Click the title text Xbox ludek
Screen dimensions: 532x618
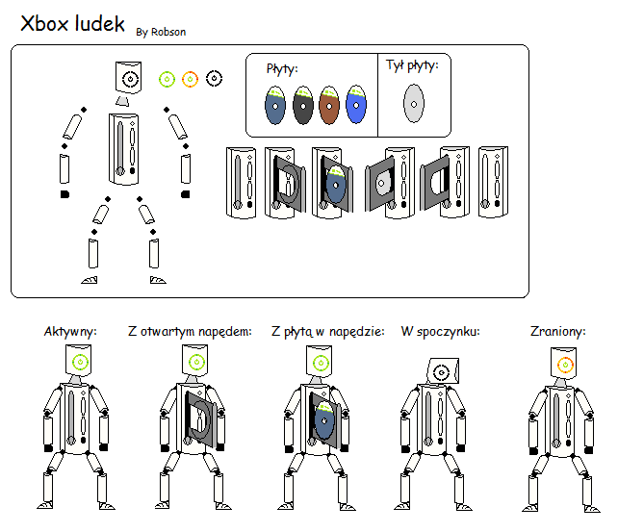click(x=73, y=24)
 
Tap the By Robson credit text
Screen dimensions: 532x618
click(x=161, y=32)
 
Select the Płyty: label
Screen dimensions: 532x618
click(x=282, y=68)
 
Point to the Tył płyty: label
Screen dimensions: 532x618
click(x=412, y=65)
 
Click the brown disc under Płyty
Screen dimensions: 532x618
click(x=330, y=105)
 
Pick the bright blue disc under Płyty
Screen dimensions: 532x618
click(x=357, y=105)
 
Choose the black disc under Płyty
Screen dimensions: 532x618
click(x=303, y=105)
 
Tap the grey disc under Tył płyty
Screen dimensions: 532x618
click(x=413, y=103)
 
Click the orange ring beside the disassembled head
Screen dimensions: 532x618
click(x=190, y=78)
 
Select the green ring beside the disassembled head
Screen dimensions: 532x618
click(x=167, y=78)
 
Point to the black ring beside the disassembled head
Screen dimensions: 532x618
click(x=214, y=78)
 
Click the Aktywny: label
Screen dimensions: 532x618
click(x=71, y=332)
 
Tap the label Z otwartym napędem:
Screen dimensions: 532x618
click(x=190, y=332)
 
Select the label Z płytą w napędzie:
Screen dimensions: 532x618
click(x=328, y=332)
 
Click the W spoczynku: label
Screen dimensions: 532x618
click(x=441, y=332)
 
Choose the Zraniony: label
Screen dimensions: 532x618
click(x=558, y=332)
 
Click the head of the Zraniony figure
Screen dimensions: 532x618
click(x=564, y=364)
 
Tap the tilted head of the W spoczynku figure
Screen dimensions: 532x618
click(x=440, y=370)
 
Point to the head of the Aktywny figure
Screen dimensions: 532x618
click(x=79, y=362)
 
